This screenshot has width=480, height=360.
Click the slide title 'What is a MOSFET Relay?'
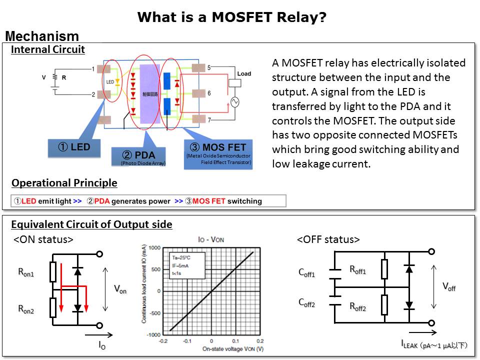click(x=232, y=17)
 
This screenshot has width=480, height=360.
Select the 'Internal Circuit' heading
click(x=48, y=49)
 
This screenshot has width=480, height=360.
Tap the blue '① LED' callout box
click(x=74, y=147)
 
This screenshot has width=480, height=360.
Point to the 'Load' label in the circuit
click(x=244, y=73)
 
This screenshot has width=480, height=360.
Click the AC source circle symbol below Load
click(x=233, y=102)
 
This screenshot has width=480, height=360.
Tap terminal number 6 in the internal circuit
click(x=209, y=93)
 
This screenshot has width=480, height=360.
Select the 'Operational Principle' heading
click(x=64, y=183)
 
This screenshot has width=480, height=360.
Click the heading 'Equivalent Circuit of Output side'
click(x=91, y=224)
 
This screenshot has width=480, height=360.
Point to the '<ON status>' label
click(x=43, y=239)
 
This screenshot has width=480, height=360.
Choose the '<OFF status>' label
click(x=328, y=239)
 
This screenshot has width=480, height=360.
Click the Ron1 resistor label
click(x=26, y=272)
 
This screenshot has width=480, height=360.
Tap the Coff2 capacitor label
click(x=306, y=302)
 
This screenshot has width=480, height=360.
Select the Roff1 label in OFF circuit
click(x=357, y=270)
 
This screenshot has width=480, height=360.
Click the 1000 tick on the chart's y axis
click(x=154, y=248)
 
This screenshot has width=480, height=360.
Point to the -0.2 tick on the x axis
click(x=162, y=341)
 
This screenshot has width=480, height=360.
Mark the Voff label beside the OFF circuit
click(x=449, y=287)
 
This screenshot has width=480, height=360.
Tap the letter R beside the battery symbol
click(x=63, y=77)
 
